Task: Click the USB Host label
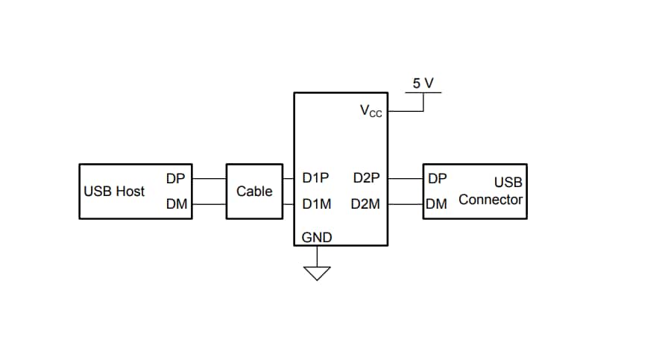tap(114, 192)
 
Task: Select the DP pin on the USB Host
tap(176, 179)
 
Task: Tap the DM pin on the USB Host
tap(176, 203)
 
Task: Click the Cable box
tap(254, 192)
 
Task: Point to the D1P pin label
tap(316, 179)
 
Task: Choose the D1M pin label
tap(317, 203)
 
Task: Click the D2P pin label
tap(366, 179)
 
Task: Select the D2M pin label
tap(366, 203)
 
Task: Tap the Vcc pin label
tap(371, 111)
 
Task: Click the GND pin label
tap(317, 238)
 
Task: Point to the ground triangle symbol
tap(318, 273)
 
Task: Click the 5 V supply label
tap(423, 83)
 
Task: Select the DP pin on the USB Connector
tap(438, 179)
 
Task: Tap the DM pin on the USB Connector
tap(437, 203)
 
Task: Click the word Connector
tap(491, 200)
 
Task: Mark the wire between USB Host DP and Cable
tap(209, 179)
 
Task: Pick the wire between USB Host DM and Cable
tap(209, 203)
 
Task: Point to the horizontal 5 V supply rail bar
tap(423, 92)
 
